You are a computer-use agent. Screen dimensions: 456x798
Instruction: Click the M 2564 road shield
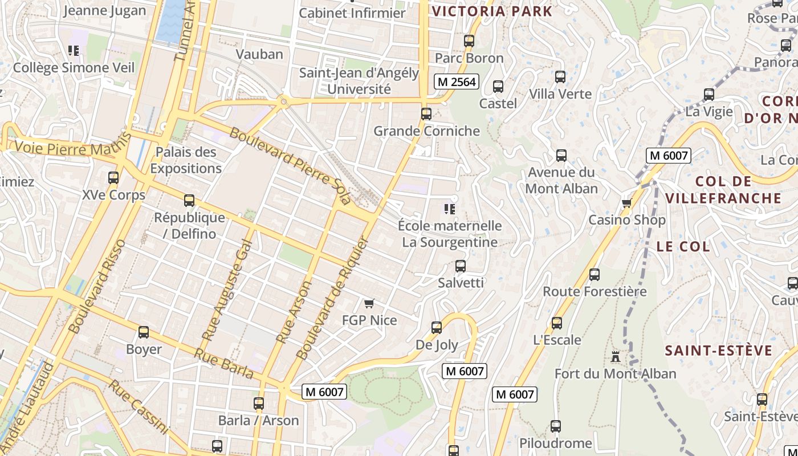[456, 82]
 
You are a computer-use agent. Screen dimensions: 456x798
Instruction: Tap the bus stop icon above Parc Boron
[469, 41]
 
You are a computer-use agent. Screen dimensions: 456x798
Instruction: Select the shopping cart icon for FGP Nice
[369, 303]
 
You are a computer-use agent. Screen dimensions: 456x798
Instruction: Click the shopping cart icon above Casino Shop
[626, 203]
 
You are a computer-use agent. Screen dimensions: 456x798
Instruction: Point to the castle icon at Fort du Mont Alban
[615, 357]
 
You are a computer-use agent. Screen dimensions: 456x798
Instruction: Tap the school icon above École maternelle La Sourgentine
[450, 209]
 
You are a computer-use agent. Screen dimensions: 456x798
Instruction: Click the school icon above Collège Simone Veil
[74, 51]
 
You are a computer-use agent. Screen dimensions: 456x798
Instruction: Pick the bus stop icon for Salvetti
[461, 266]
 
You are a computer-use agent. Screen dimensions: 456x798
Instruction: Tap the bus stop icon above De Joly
[437, 328]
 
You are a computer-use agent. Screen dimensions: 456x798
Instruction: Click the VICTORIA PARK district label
[492, 11]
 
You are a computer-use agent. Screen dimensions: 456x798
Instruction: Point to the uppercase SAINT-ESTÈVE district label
[719, 351]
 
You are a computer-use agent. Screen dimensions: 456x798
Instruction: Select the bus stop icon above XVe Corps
[113, 178]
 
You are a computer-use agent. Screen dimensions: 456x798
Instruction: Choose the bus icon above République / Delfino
[189, 201]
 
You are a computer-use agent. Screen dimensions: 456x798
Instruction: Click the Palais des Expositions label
[186, 160]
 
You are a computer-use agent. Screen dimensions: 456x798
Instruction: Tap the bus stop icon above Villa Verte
[560, 77]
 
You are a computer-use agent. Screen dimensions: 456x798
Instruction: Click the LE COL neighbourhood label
[683, 247]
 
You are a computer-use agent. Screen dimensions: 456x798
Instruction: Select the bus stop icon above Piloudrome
[555, 426]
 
